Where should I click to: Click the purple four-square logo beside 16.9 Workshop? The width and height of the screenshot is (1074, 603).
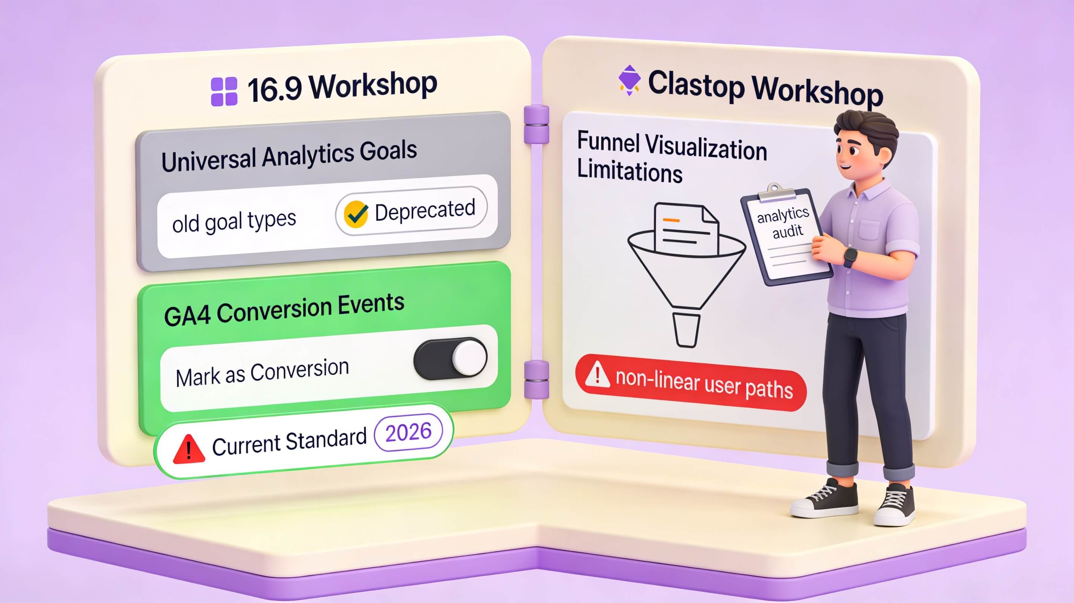(224, 91)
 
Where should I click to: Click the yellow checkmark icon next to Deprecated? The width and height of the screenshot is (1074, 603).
(356, 214)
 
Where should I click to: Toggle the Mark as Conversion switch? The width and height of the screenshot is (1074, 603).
(450, 358)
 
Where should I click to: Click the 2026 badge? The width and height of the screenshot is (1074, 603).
(408, 432)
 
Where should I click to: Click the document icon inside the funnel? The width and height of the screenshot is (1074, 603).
(686, 229)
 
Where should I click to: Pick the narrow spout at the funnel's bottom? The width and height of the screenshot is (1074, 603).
(686, 330)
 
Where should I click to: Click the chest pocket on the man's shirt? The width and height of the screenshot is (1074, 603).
(869, 230)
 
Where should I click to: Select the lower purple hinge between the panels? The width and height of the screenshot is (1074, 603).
(536, 379)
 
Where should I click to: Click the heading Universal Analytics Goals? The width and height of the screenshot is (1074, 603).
(289, 155)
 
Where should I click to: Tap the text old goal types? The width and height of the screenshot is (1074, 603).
(234, 221)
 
